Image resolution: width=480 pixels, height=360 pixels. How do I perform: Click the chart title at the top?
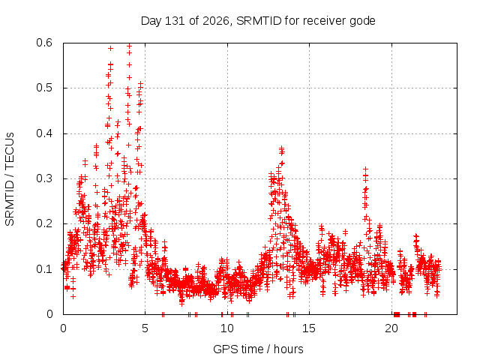[258, 21]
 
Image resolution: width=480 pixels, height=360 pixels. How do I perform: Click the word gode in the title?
[362, 22]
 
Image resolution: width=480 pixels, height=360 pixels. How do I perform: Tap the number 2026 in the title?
[216, 21]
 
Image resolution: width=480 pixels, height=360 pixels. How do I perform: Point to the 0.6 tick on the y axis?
[44, 43]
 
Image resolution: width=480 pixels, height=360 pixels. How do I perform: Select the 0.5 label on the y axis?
[44, 88]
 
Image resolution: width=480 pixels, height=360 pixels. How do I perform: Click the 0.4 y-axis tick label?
[44, 133]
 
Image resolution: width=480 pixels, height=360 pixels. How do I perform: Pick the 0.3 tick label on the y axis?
[44, 178]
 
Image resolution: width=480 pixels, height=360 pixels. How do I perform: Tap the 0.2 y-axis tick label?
[44, 223]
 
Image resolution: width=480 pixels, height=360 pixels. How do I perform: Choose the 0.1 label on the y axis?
[44, 269]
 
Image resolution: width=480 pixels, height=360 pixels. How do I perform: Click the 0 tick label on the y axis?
[49, 314]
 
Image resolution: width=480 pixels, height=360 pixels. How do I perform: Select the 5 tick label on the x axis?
[145, 328]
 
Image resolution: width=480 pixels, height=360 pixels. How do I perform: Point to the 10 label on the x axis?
[226, 328]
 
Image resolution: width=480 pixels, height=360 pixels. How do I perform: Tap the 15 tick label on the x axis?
[309, 328]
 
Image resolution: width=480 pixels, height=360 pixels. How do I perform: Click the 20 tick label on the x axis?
[391, 328]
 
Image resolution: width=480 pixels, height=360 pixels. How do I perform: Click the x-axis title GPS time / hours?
[258, 349]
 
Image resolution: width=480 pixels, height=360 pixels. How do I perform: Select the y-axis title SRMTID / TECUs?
[10, 179]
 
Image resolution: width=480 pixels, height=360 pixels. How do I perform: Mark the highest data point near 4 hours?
[129, 46]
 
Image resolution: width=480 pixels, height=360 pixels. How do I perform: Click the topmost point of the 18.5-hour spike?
[365, 169]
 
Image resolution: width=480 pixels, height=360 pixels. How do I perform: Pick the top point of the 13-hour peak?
[281, 148]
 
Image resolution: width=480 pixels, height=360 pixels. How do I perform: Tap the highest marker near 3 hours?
[110, 48]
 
